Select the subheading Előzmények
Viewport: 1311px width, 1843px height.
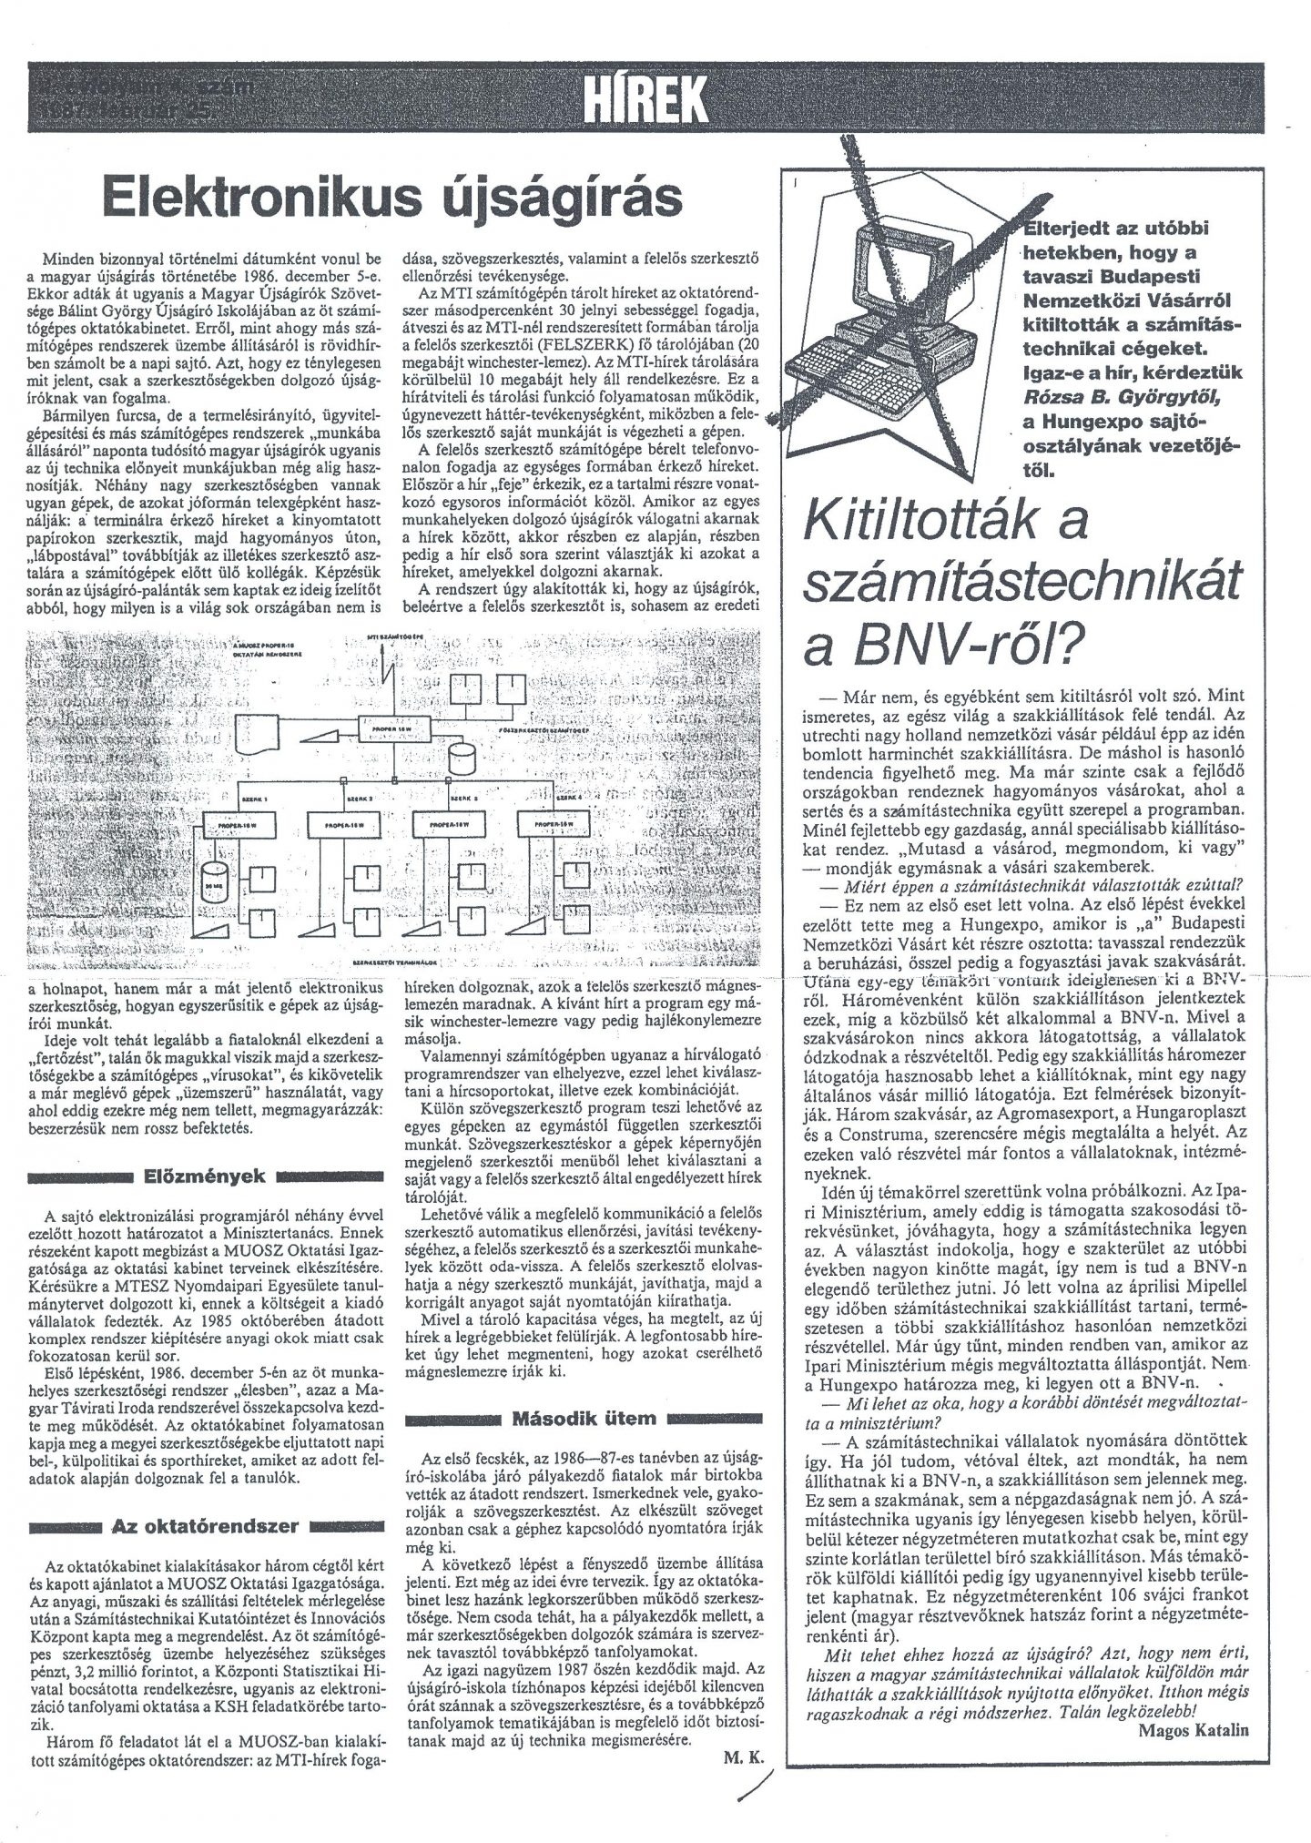[x=203, y=1176]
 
